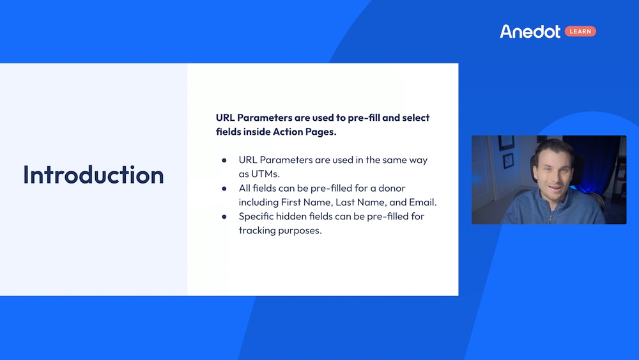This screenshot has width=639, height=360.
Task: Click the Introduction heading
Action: [93, 175]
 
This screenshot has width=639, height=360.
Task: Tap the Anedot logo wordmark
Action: [530, 31]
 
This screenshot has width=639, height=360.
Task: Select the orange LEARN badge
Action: [580, 31]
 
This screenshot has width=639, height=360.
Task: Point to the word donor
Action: [390, 188]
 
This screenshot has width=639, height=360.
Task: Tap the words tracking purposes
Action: [280, 230]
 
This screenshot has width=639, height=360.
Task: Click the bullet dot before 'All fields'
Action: [224, 189]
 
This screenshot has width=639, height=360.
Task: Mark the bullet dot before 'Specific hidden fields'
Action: [224, 217]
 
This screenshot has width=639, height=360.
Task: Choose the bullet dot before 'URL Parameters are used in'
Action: [224, 160]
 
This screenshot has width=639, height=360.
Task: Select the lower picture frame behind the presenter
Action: [508, 160]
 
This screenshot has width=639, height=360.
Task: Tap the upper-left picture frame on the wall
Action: [506, 142]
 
